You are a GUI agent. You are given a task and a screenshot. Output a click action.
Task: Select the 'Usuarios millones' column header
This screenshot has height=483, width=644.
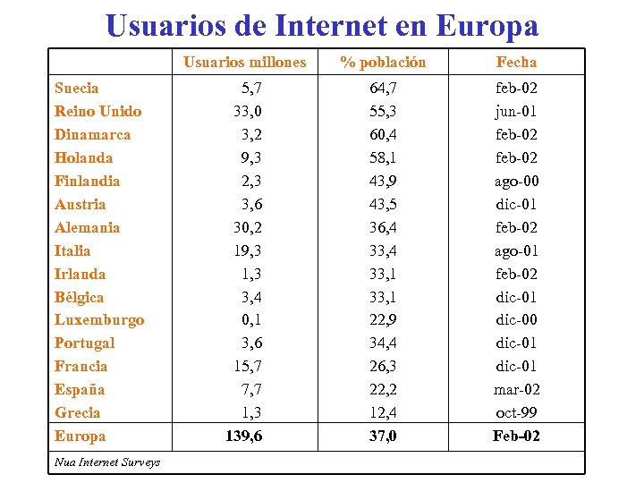pos(244,62)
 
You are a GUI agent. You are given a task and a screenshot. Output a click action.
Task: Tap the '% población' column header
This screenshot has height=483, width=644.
pos(383,62)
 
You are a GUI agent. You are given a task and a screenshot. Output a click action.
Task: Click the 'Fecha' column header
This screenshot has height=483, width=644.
pos(516,62)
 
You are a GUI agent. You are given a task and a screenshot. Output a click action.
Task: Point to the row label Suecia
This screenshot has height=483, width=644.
pos(77,88)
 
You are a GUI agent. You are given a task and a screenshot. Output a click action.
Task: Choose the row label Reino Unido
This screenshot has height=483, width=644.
pos(97,111)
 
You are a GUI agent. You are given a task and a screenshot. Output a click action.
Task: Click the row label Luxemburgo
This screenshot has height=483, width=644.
pos(99,319)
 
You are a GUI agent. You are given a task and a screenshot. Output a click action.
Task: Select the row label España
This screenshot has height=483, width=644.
pos(80,389)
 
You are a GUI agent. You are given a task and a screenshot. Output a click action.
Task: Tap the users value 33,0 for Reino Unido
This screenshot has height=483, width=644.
pos(248,111)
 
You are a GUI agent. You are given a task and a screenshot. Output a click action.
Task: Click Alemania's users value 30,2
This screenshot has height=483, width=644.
pos(248,227)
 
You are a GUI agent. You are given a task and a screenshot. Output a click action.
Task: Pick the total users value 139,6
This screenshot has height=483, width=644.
pos(244,436)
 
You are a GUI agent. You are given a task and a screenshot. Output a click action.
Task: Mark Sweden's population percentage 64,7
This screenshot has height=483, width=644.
pos(383,88)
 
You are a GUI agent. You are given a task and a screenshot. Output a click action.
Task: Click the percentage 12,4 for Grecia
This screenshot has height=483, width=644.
pos(383,412)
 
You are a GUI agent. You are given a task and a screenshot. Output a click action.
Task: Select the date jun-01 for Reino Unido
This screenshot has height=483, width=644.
pos(516,111)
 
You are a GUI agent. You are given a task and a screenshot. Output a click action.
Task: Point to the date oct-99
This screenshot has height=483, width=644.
pos(516,412)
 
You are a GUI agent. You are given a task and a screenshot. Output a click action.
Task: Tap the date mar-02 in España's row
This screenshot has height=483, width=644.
pos(516,389)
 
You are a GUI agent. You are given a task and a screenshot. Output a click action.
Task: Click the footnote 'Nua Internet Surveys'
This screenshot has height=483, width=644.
pos(107,462)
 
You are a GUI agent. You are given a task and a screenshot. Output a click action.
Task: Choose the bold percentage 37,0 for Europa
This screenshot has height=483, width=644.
pos(383,436)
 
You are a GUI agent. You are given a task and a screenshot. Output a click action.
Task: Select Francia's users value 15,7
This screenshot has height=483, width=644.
pos(248,366)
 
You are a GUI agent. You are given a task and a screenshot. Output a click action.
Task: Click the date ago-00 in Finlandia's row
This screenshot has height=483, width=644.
pos(516,181)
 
